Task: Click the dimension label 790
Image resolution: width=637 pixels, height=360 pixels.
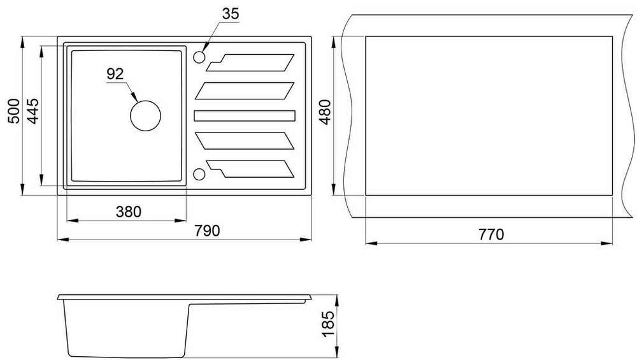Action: [x=207, y=231]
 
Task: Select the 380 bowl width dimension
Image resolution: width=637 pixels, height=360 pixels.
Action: [x=129, y=212]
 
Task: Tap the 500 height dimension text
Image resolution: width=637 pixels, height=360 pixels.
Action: [x=13, y=111]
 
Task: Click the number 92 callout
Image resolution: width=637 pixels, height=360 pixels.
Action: [x=115, y=74]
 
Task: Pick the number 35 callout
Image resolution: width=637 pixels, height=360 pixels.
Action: [x=231, y=14]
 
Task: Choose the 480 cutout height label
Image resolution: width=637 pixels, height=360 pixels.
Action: [x=326, y=112]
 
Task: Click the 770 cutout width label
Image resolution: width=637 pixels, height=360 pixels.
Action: [x=490, y=234]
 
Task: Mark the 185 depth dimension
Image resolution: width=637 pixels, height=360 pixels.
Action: [x=328, y=324]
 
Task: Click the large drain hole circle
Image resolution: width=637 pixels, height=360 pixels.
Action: [x=145, y=116]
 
